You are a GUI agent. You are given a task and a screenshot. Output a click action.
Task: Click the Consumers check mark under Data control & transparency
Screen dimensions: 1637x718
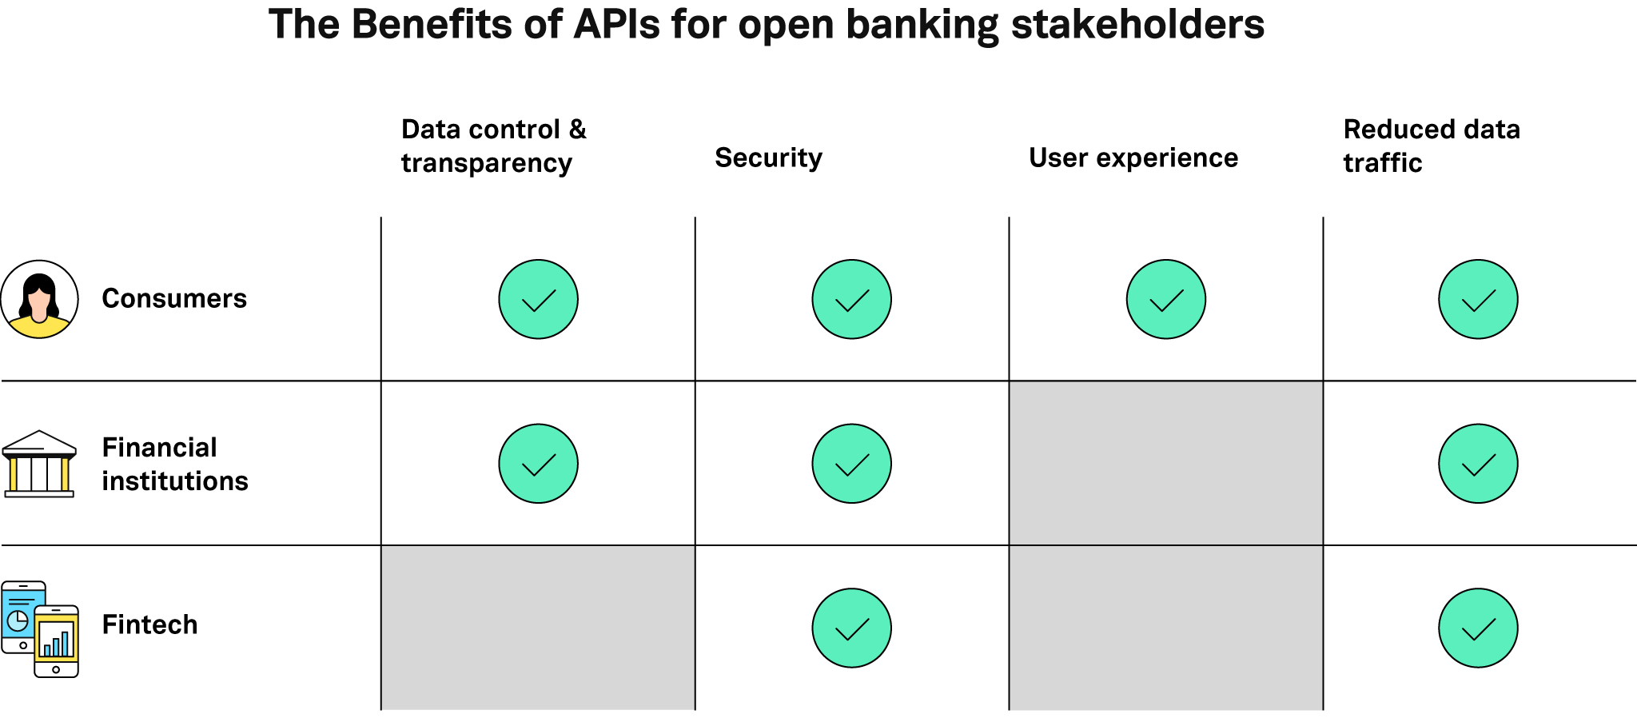coord(538,299)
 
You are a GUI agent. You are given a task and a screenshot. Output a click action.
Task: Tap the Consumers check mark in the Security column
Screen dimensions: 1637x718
coord(851,299)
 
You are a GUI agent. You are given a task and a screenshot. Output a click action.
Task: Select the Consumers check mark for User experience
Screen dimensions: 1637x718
coord(1165,299)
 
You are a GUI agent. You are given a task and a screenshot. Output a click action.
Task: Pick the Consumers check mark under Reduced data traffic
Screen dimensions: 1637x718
coord(1478,299)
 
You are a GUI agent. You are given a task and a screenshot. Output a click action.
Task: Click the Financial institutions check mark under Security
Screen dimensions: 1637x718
coord(851,464)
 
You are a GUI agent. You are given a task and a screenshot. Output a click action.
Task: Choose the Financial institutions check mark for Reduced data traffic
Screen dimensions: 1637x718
coord(1478,464)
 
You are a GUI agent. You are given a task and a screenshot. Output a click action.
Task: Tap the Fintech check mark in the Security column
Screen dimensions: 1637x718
coord(851,628)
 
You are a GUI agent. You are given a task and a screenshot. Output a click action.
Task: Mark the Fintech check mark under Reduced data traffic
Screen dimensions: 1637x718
coord(1478,628)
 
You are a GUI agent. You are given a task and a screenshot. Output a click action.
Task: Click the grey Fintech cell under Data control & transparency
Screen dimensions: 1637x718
coord(538,628)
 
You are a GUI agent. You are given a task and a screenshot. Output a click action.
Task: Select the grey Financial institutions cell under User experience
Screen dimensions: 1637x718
coord(1165,463)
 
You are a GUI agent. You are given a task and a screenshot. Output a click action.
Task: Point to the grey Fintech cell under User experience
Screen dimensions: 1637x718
coord(1165,628)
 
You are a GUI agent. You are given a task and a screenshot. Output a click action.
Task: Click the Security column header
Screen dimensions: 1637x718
coord(768,158)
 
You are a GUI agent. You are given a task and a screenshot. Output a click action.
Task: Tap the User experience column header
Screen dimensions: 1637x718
coord(1133,158)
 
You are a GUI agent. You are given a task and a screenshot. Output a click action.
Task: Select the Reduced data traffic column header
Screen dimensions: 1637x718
coord(1432,146)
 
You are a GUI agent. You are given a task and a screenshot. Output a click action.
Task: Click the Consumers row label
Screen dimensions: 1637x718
coord(174,298)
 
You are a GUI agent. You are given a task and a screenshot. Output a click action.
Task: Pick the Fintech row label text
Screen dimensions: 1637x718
coord(149,624)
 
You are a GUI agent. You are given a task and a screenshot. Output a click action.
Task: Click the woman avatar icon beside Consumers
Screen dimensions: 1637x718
coord(39,299)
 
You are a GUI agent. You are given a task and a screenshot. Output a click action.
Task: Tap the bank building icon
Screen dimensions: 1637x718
coord(39,464)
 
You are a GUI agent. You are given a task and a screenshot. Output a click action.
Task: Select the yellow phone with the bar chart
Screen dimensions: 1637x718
coord(56,641)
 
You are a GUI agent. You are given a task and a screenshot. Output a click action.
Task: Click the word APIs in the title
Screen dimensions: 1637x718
coord(616,24)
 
